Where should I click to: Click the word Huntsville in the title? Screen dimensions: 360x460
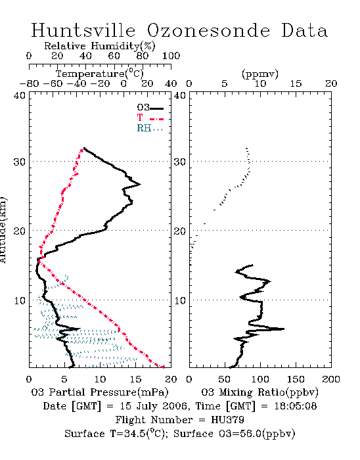coord(83,30)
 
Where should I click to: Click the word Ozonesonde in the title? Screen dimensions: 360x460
coord(208,30)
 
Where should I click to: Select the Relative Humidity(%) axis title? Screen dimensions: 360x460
coord(100,46)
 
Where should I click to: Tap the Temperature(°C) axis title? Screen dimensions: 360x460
coord(100,74)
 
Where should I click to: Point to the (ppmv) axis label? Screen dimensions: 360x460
coord(260,74)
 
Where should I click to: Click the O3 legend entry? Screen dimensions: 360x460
coord(150,108)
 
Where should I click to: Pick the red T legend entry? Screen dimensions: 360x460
coord(150,118)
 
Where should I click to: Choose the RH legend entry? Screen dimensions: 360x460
coord(150,128)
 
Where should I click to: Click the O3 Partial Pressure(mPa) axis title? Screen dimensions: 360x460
coord(100,392)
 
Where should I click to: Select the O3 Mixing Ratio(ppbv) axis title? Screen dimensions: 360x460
coord(259,392)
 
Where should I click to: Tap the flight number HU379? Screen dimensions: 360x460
coord(228,420)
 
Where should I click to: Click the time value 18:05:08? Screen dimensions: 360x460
coord(296,406)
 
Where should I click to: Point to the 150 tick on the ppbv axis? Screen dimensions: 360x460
coord(296,379)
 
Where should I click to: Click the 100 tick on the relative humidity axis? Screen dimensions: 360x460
coord(171,56)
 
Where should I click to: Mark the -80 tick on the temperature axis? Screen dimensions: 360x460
coord(29,83)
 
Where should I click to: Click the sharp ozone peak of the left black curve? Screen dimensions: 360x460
coord(140,184)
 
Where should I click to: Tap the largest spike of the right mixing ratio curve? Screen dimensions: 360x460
coord(284,329)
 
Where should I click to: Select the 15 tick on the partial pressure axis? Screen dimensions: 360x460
coord(135,379)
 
